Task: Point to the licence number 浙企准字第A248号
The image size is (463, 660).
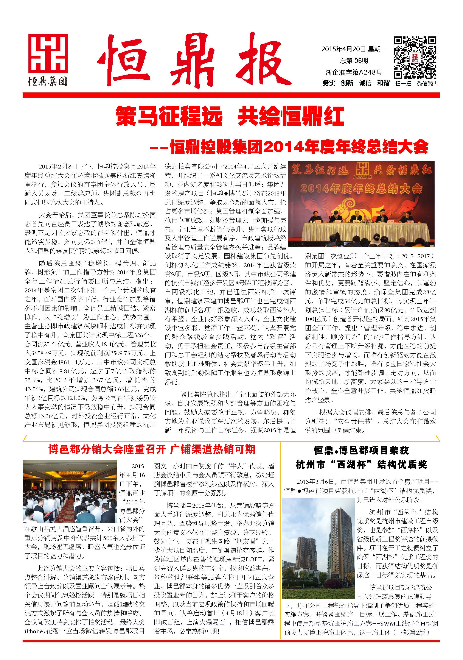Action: [354, 72]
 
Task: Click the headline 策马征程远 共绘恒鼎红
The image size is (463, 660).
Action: [230, 116]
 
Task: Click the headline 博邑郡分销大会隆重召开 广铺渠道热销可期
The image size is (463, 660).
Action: [152, 449]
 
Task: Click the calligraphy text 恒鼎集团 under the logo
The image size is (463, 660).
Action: [48, 82]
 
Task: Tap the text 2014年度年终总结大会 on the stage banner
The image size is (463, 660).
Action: [361, 189]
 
